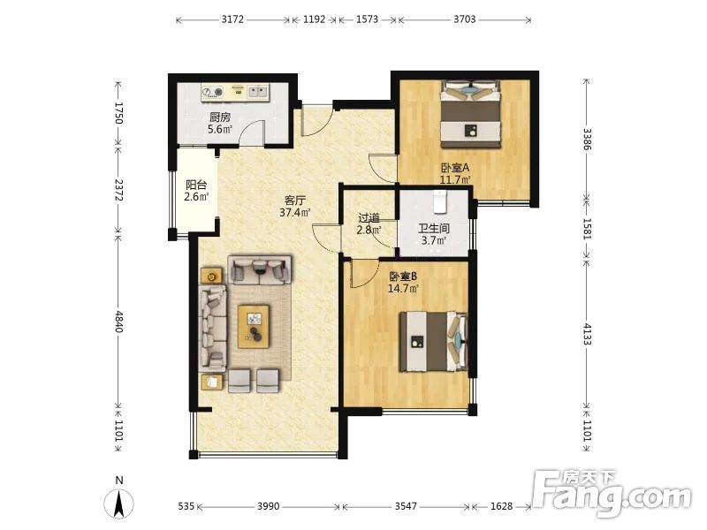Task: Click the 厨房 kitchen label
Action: click(x=220, y=117)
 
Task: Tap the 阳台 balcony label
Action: click(x=196, y=185)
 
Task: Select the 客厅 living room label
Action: click(x=295, y=201)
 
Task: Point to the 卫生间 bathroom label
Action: click(x=433, y=228)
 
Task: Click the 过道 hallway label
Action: click(x=369, y=218)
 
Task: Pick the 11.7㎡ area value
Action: click(x=455, y=180)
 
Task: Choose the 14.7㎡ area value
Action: click(x=404, y=289)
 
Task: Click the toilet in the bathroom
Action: click(x=439, y=201)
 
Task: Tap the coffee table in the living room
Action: click(x=254, y=326)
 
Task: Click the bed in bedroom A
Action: click(x=471, y=114)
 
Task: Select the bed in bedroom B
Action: click(x=433, y=342)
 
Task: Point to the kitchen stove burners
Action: click(x=212, y=92)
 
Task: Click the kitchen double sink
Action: click(x=257, y=92)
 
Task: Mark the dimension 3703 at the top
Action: click(x=465, y=19)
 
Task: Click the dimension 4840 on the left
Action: click(x=118, y=321)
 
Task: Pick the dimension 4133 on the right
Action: click(x=587, y=334)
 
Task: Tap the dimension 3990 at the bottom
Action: click(x=269, y=506)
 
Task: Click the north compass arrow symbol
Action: click(x=119, y=503)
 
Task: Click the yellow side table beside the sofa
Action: click(x=211, y=275)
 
